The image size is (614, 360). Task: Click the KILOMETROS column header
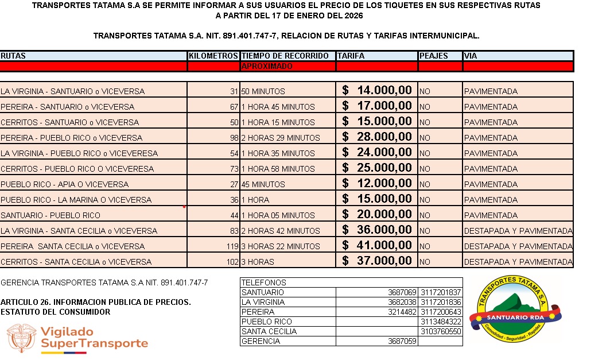[213, 56]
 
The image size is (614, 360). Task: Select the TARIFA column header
[351, 56]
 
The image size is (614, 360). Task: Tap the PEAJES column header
[434, 56]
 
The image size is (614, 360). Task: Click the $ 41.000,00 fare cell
[377, 245]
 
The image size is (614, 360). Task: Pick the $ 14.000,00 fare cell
[377, 90]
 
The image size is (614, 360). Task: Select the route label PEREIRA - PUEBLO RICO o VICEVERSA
[72, 138]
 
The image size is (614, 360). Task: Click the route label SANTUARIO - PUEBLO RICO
[50, 215]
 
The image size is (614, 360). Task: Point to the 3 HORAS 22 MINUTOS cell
[280, 246]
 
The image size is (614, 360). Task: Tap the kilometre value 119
[232, 246]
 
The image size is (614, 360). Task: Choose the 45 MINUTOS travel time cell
[263, 184]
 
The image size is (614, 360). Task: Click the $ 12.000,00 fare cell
[377, 183]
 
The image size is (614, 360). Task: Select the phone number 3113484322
[441, 322]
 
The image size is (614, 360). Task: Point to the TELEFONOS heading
[264, 282]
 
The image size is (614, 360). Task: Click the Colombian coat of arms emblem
[21, 338]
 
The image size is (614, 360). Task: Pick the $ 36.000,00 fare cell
[377, 230]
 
